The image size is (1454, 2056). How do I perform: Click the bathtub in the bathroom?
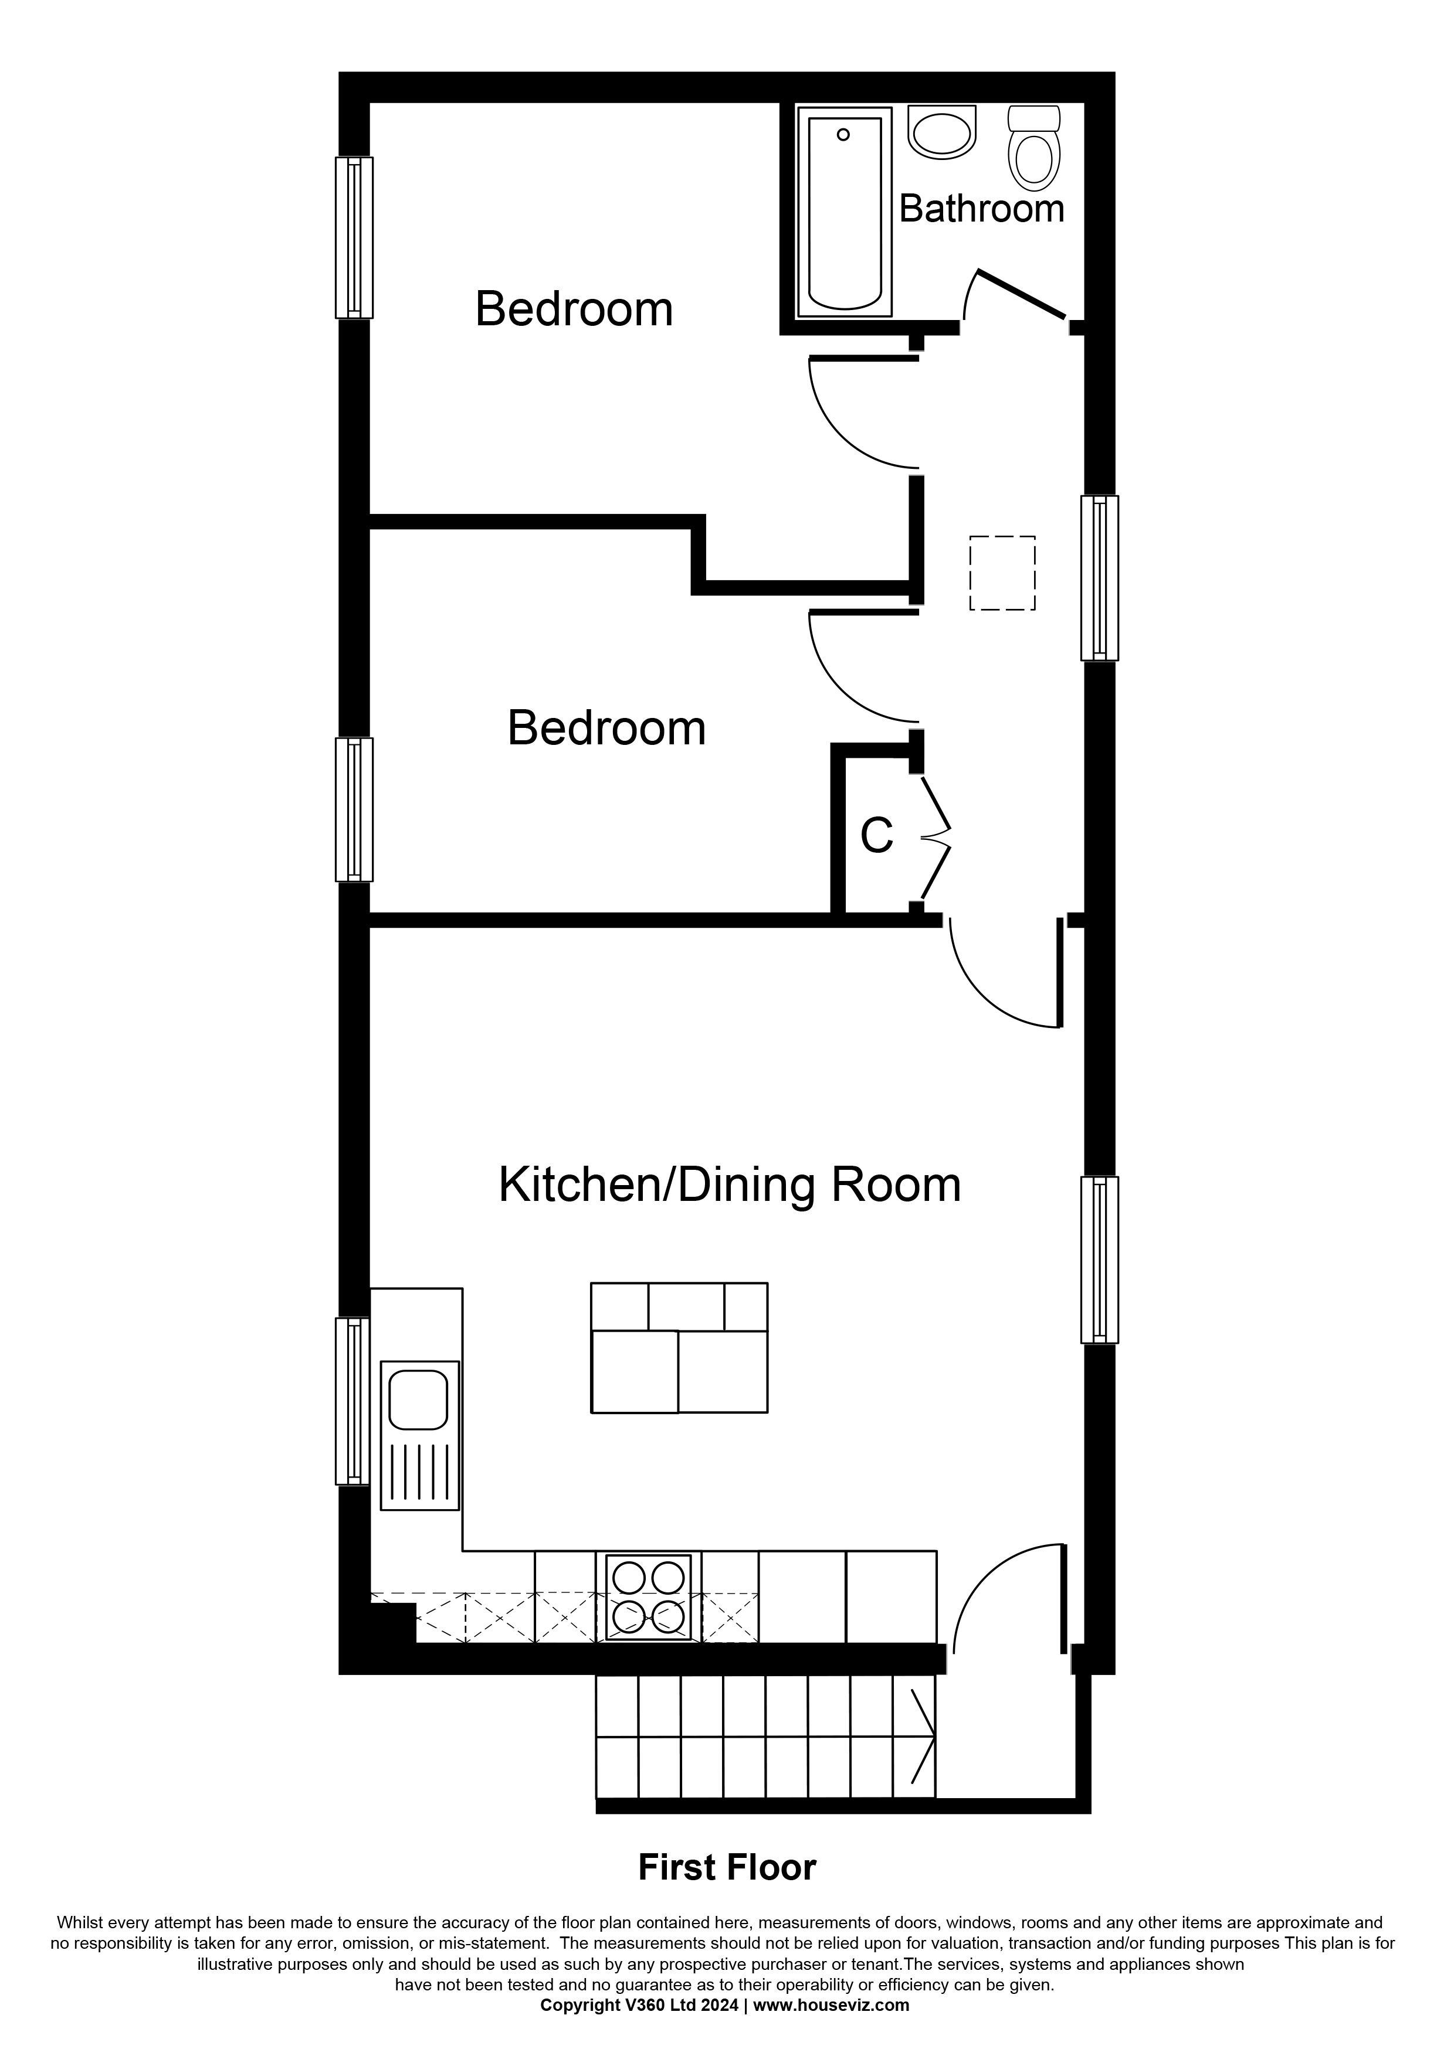(x=844, y=212)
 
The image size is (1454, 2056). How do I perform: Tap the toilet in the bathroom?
(x=1034, y=149)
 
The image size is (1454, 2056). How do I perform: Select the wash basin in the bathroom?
(x=941, y=132)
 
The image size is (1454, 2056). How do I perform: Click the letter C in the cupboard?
(x=876, y=836)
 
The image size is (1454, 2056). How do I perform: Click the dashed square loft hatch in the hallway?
(x=1002, y=573)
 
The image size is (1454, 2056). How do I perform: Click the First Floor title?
(x=727, y=1868)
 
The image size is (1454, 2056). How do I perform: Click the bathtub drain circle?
(x=843, y=135)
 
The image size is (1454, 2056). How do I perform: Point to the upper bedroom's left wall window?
(x=354, y=237)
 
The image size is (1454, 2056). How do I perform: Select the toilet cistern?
(x=1035, y=118)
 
